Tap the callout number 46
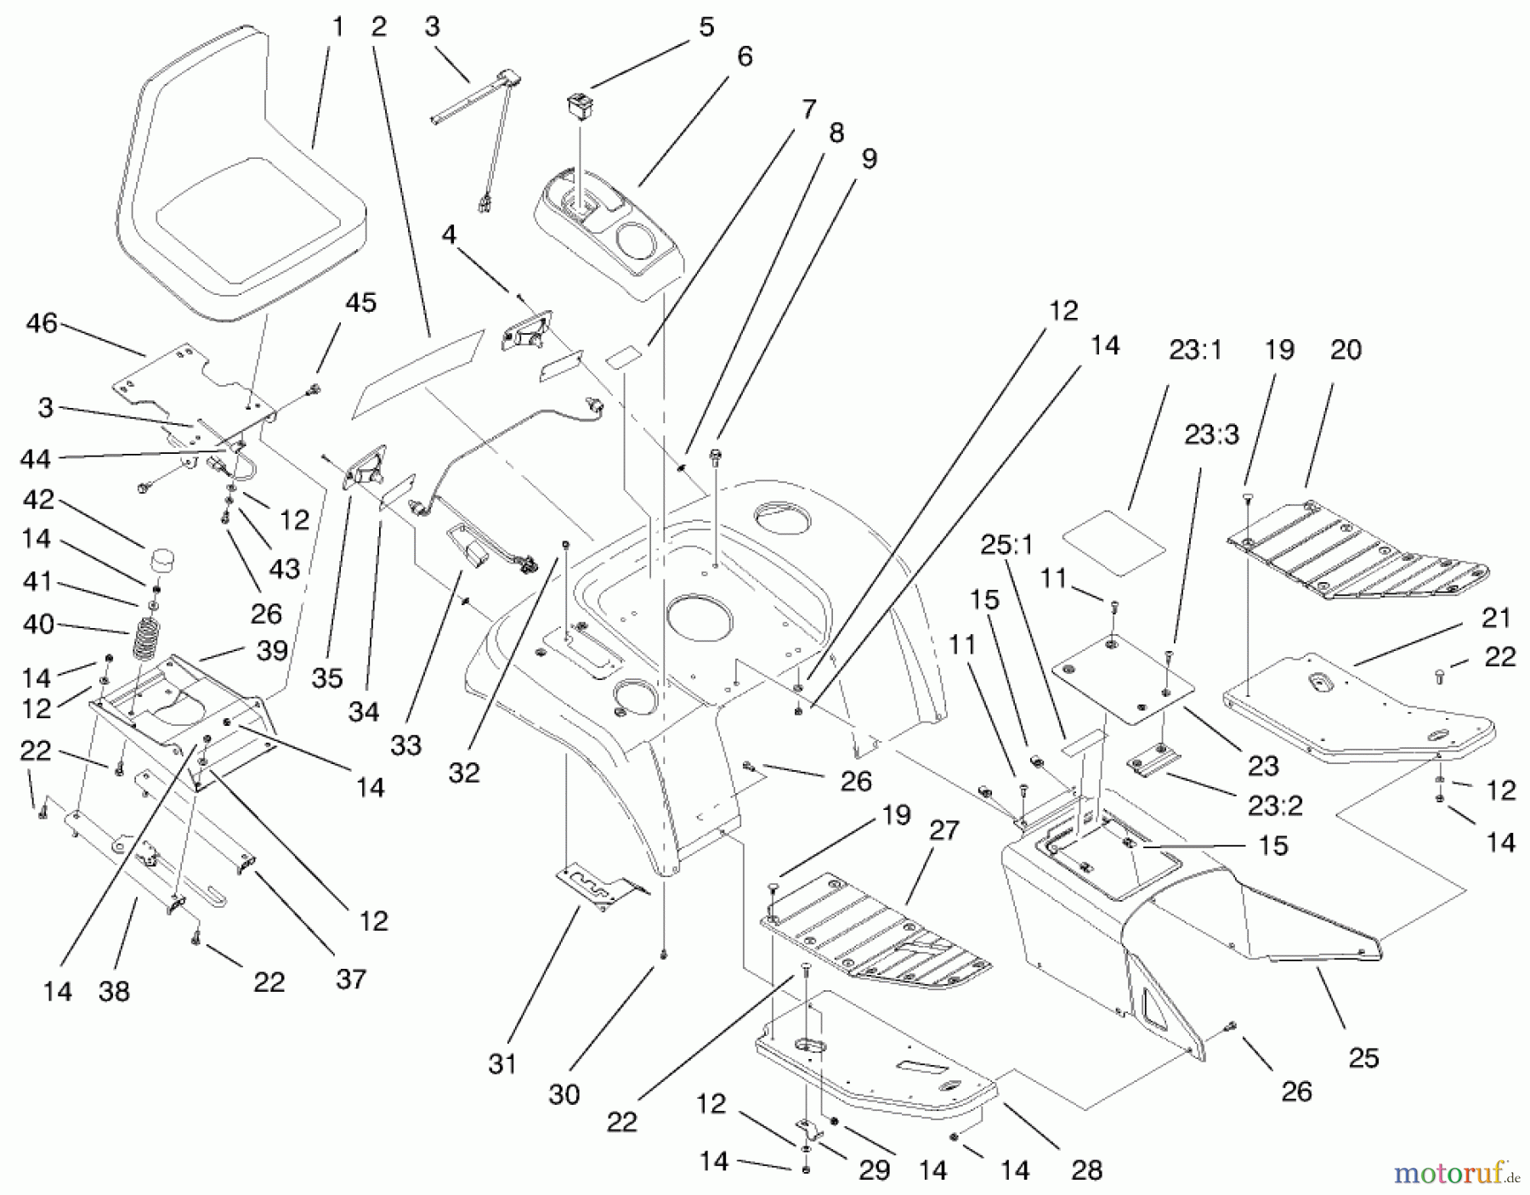click(x=42, y=324)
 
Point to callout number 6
click(x=745, y=57)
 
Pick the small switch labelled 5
click(x=579, y=106)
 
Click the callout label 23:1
click(x=1195, y=350)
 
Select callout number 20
click(x=1346, y=349)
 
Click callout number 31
click(x=502, y=1063)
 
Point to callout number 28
click(x=1087, y=1170)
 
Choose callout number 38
click(x=114, y=991)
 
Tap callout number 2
click(x=379, y=27)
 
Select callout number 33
click(x=406, y=745)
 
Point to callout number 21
click(x=1497, y=618)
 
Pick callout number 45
click(x=361, y=303)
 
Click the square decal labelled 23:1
click(x=1114, y=541)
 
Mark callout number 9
click(x=869, y=159)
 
